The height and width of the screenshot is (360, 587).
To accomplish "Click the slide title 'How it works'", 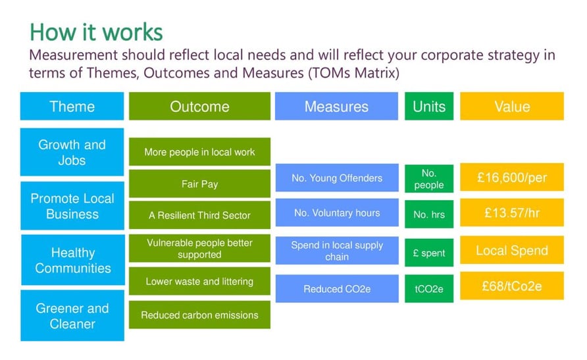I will click(x=97, y=32).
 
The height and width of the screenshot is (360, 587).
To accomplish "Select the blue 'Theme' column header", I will click(x=72, y=107).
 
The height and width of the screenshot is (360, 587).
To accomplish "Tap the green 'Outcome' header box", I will click(x=199, y=107).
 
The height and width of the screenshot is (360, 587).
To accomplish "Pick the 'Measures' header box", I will click(x=336, y=107).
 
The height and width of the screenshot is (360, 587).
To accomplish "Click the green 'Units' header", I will click(x=429, y=107).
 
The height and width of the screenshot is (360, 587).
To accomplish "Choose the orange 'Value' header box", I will click(x=511, y=107).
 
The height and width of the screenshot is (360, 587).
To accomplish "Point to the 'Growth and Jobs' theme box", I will click(x=72, y=152).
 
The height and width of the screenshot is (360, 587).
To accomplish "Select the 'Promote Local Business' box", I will click(x=72, y=206).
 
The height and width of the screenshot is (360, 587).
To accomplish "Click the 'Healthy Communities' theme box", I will click(x=73, y=260).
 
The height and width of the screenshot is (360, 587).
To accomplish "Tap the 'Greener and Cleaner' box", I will click(x=73, y=316).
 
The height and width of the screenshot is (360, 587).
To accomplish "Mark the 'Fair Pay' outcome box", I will click(x=199, y=184).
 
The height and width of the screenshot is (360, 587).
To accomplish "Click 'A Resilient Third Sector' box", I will click(x=199, y=215).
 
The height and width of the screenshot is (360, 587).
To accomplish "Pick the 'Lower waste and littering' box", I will click(x=199, y=282).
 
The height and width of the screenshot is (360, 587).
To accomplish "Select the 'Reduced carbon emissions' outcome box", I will click(x=199, y=315).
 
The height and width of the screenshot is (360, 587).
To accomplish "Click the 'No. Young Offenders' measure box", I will click(x=336, y=178).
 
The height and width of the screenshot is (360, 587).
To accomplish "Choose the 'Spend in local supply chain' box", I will click(x=336, y=251).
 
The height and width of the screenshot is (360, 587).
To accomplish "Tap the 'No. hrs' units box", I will click(x=429, y=214).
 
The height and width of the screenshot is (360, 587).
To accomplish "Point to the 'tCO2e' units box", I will click(x=429, y=289).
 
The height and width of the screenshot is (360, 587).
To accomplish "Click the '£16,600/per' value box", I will click(x=511, y=178).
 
